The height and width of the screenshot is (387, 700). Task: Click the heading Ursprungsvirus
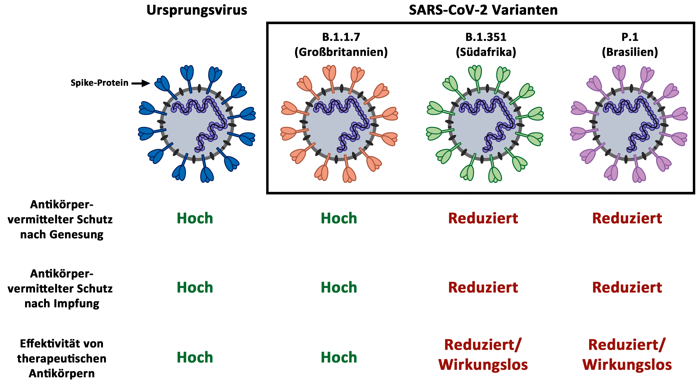click(x=197, y=10)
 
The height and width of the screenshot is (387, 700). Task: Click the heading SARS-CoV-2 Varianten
click(x=483, y=10)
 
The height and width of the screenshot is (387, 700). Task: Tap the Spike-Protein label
click(x=99, y=83)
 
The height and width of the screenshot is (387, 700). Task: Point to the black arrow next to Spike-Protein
click(x=141, y=83)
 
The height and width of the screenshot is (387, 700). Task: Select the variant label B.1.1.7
click(x=341, y=37)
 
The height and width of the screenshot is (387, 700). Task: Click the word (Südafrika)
click(x=486, y=52)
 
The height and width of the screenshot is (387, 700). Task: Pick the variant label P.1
click(x=630, y=37)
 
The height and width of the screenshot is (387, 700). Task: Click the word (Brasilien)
click(x=630, y=52)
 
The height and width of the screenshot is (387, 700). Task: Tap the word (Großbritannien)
click(x=341, y=52)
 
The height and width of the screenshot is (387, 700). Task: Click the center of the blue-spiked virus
click(x=197, y=124)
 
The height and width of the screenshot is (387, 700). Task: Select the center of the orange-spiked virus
click(x=339, y=124)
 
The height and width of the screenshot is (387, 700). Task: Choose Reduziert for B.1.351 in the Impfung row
click(x=483, y=288)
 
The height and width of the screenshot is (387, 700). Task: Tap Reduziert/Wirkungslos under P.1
click(x=627, y=355)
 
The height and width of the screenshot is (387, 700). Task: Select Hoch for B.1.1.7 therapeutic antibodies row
click(x=339, y=357)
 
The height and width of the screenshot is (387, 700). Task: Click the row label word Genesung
click(x=77, y=234)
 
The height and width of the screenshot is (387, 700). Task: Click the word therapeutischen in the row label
click(x=62, y=359)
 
